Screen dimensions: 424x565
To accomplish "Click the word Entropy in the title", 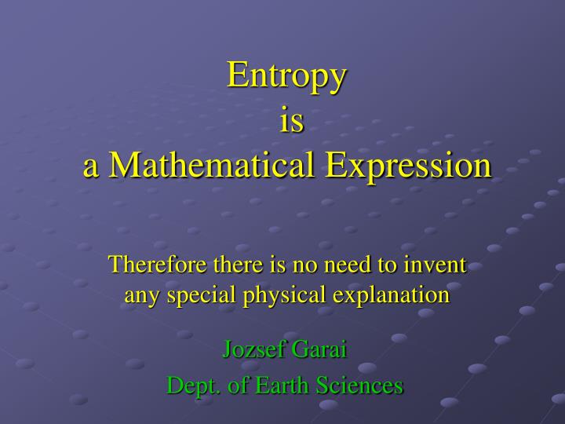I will tap(287, 77).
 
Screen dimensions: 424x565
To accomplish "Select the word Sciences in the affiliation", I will tap(360, 386).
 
